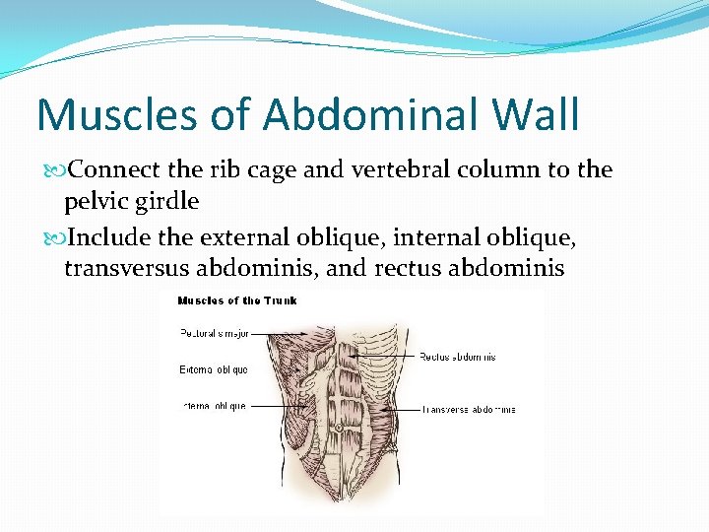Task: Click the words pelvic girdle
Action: point(131,202)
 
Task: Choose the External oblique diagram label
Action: point(213,369)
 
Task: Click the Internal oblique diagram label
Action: point(214,405)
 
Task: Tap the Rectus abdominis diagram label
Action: point(458,357)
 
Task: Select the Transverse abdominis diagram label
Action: point(469,409)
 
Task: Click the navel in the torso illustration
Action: point(337,429)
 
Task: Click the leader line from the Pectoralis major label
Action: point(271,333)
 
